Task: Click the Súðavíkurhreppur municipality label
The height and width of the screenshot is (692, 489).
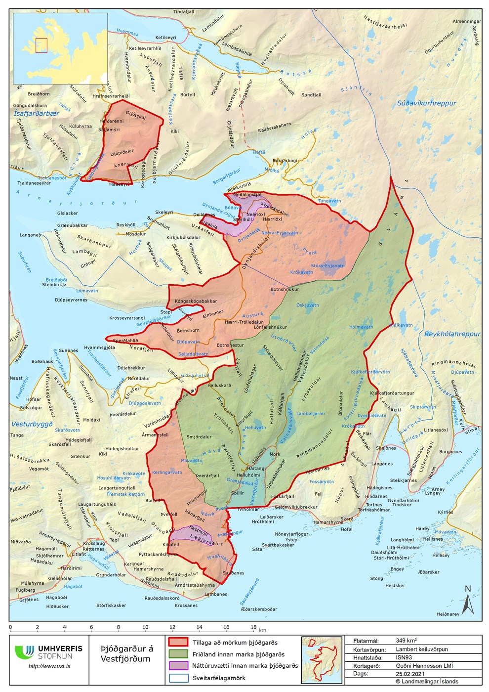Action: click(x=426, y=103)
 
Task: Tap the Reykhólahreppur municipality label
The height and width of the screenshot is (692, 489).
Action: click(x=452, y=334)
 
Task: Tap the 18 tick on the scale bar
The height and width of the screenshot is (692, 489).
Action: click(x=253, y=627)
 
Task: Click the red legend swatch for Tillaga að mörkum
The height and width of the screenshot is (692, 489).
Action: click(x=178, y=642)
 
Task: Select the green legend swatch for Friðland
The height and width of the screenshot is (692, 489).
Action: click(x=178, y=654)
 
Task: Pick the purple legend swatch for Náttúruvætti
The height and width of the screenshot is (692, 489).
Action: click(x=178, y=666)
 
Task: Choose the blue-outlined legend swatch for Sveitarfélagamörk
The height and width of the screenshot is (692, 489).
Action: click(x=178, y=678)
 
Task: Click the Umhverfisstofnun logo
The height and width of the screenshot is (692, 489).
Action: click(x=48, y=652)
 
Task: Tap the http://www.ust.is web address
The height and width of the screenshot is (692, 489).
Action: click(x=49, y=666)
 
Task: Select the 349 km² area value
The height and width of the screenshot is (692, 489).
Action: click(x=406, y=641)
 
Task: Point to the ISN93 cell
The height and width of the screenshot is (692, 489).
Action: click(x=404, y=657)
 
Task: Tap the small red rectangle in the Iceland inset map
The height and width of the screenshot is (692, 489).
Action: click(x=41, y=45)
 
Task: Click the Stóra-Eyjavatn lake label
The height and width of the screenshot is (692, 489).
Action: click(x=327, y=265)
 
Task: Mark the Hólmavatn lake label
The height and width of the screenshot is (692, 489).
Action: click(x=361, y=327)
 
